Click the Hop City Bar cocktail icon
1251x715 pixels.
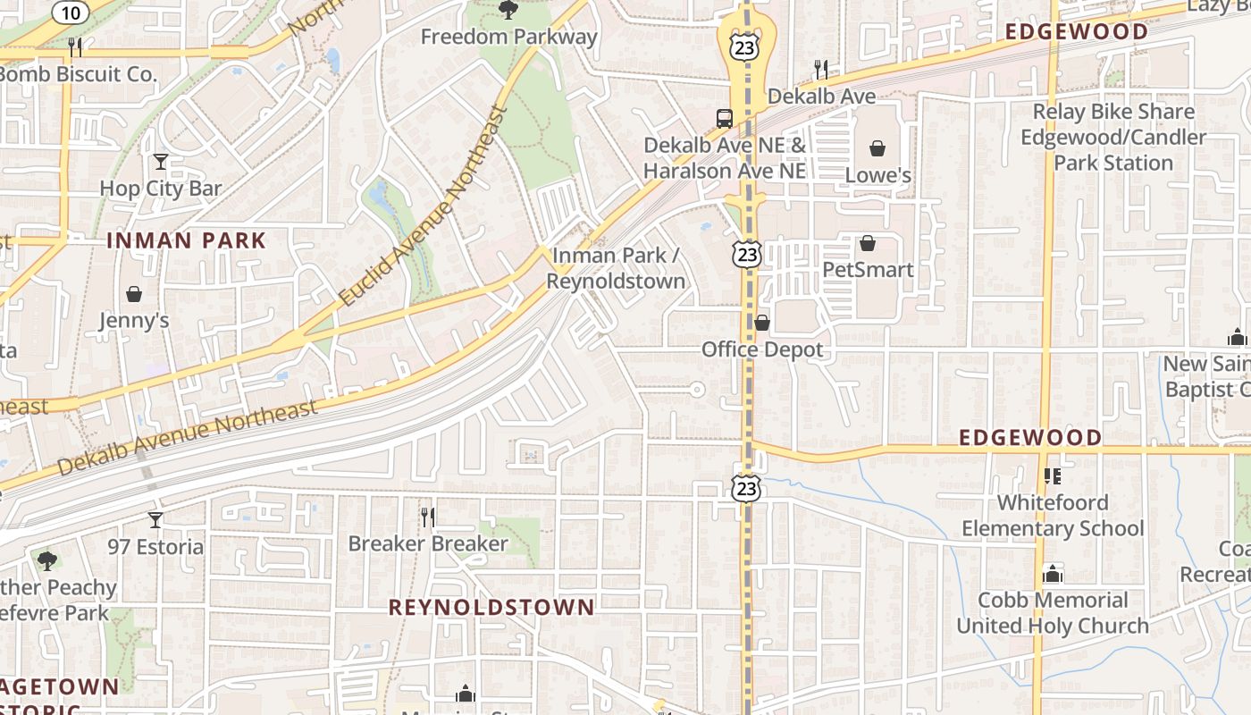161,162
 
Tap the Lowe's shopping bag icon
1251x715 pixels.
877,148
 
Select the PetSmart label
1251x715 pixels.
868,270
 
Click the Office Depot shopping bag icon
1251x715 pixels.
762,323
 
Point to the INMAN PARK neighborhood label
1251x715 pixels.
186,240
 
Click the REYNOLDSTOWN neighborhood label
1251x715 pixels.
491,608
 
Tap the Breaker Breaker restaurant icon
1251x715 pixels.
428,517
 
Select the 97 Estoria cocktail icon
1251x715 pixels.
155,520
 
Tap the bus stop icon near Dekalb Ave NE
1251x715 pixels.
725,118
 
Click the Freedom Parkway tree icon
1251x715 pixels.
508,10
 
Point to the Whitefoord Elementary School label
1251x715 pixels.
1053,516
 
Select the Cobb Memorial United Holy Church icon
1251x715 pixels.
1053,573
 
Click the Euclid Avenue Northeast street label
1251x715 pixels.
424,207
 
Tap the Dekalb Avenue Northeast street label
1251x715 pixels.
188,437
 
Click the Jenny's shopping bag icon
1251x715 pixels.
134,294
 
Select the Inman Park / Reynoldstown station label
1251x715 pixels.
616,268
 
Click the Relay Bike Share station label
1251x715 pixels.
1113,138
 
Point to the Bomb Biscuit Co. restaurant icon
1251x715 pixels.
75,46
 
